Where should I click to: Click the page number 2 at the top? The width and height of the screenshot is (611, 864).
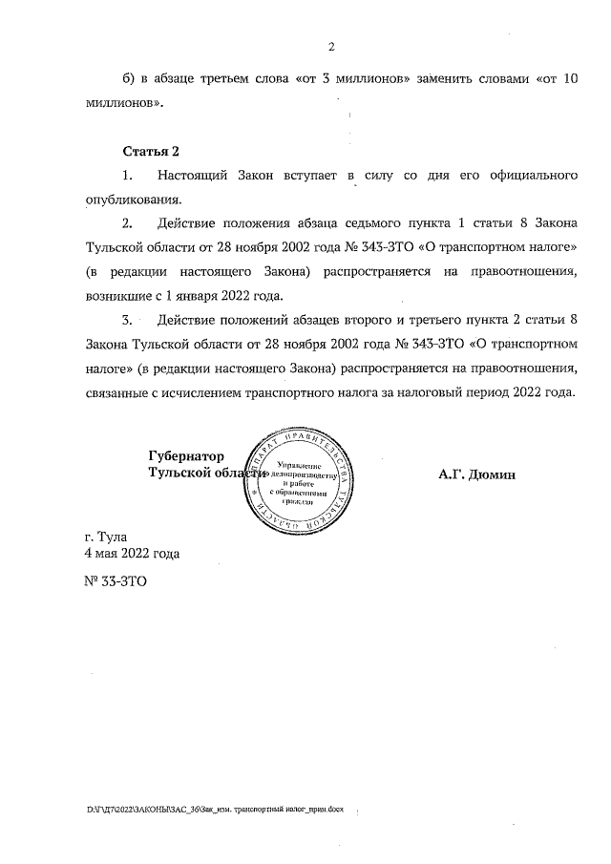point(330,47)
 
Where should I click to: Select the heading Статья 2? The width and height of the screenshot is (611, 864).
point(151,153)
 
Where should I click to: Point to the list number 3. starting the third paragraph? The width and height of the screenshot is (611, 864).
point(128,320)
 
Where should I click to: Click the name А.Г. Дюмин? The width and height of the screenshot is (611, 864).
point(477,474)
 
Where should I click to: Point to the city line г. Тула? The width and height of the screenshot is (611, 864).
point(105,537)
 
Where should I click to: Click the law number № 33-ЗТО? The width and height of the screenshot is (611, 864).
point(116,580)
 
